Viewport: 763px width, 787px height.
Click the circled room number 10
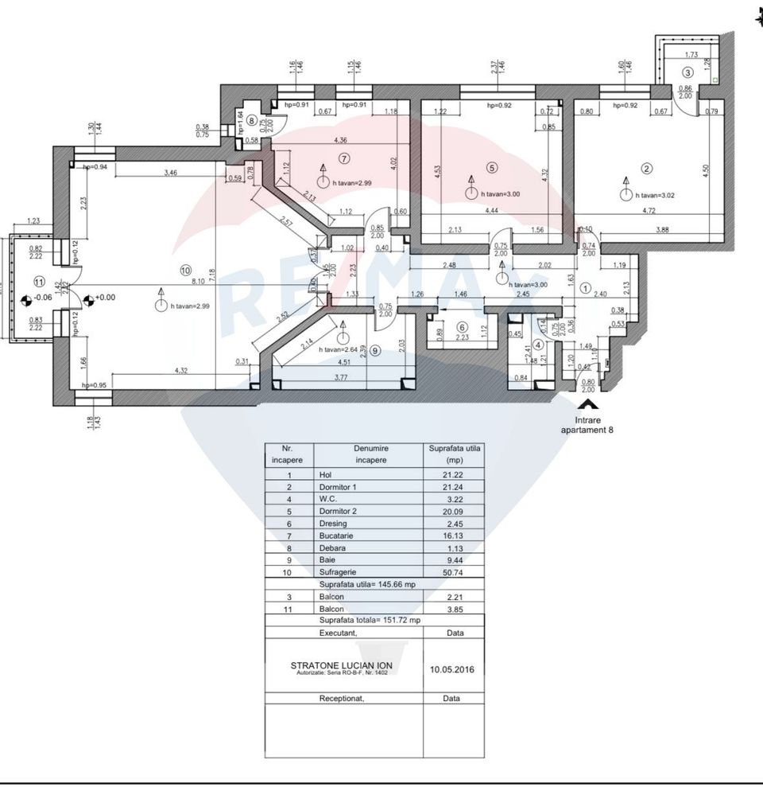pyautogui.click(x=186, y=271)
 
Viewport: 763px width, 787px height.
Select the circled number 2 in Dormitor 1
pyautogui.click(x=647, y=168)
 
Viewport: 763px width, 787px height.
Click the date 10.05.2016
pyautogui.click(x=453, y=669)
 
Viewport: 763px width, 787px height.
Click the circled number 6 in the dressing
pyautogui.click(x=462, y=327)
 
